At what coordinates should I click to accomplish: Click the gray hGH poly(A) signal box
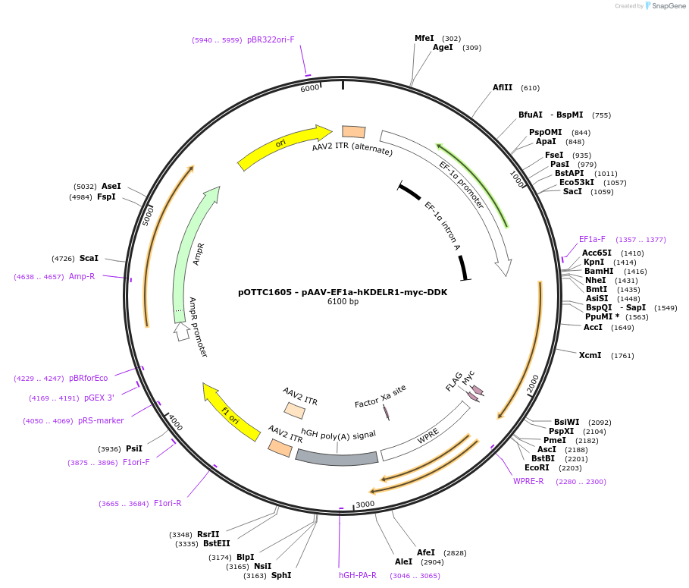(337, 458)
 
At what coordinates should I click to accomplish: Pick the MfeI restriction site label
(424, 38)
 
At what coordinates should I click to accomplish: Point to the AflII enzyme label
(503, 87)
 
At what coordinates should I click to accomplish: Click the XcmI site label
(590, 355)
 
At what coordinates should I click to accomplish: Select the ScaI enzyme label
(89, 258)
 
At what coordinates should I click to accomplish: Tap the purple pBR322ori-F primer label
(271, 39)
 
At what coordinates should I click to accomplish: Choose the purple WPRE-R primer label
(528, 481)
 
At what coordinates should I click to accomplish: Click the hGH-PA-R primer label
(358, 575)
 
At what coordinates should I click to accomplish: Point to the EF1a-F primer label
(592, 239)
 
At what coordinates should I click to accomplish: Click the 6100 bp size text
(343, 301)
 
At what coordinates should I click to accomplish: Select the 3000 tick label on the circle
(365, 504)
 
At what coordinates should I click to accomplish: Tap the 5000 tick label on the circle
(148, 216)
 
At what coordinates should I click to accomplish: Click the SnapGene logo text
(669, 6)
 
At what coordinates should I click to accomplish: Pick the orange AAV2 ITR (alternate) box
(354, 131)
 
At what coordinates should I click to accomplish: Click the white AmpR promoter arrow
(181, 332)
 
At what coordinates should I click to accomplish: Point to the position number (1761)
(622, 355)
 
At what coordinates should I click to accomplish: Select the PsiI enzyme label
(134, 448)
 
